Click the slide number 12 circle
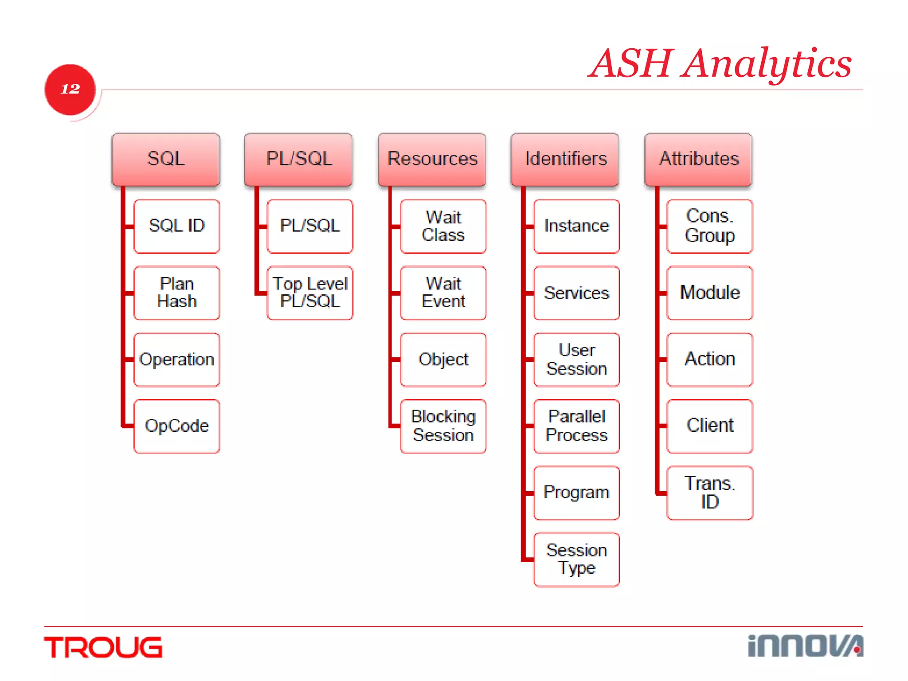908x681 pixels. pyautogui.click(x=70, y=89)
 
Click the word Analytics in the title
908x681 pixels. pyautogui.click(x=767, y=64)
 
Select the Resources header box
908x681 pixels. pyautogui.click(x=432, y=159)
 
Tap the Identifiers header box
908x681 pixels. pyautogui.click(x=565, y=159)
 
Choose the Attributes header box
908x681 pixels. pyautogui.click(x=698, y=159)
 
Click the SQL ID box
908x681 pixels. pyautogui.click(x=176, y=226)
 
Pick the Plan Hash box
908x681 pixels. pyautogui.click(x=176, y=293)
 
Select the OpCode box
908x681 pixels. pyautogui.click(x=176, y=426)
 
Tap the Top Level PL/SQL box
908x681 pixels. pyautogui.click(x=310, y=293)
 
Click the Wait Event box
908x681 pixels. pyautogui.click(x=443, y=293)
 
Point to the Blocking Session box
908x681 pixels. pyautogui.click(x=443, y=426)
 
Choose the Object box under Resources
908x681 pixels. pyautogui.click(x=443, y=360)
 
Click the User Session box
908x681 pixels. pyautogui.click(x=576, y=360)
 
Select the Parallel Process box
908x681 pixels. pyautogui.click(x=576, y=426)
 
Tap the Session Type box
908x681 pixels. pyautogui.click(x=576, y=560)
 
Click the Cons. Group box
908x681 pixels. pyautogui.click(x=709, y=226)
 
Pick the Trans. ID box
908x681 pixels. pyautogui.click(x=709, y=493)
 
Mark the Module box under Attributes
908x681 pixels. pyautogui.click(x=709, y=293)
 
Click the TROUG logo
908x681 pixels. pyautogui.click(x=103, y=648)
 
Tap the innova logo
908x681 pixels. pyautogui.click(x=805, y=646)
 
